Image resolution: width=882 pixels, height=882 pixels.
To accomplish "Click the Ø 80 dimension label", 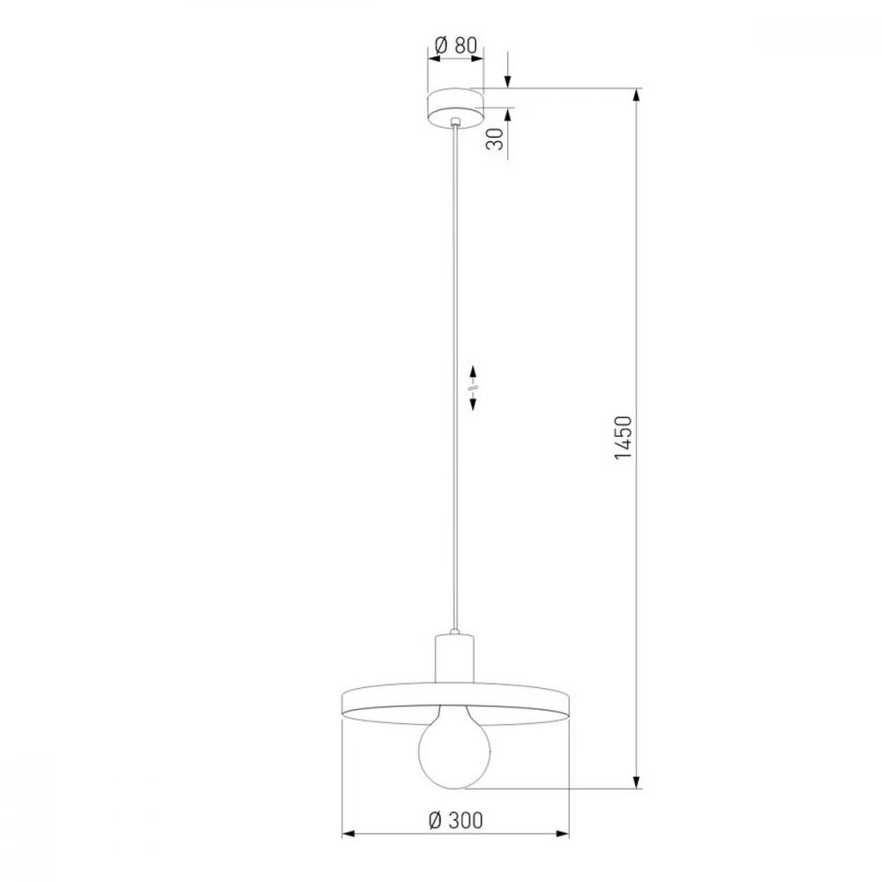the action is [x=456, y=45].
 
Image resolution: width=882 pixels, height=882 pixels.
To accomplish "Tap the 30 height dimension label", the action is [x=495, y=139].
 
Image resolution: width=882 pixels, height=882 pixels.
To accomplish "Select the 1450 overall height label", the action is [x=624, y=438].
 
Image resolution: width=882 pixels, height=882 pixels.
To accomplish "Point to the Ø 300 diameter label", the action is [x=456, y=820].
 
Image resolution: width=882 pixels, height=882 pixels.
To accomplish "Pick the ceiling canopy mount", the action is [x=455, y=108].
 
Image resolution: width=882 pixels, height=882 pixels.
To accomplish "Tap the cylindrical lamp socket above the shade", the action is [x=454, y=659].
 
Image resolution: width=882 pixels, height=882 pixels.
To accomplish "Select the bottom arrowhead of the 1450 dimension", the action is [x=636, y=781].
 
